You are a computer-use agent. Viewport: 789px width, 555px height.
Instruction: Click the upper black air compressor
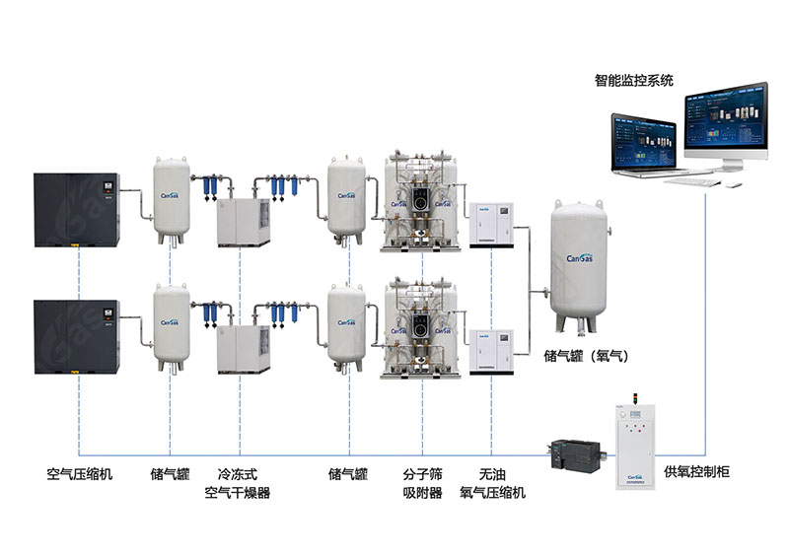point(76,210)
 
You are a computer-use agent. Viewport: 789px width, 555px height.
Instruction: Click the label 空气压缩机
point(80,474)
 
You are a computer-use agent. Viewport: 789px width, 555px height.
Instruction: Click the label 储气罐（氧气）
point(586,354)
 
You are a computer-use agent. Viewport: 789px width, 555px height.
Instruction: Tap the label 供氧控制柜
point(696,473)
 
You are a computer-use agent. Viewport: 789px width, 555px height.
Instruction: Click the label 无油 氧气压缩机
point(492,483)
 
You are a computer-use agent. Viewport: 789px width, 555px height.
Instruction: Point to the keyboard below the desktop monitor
point(695,180)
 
